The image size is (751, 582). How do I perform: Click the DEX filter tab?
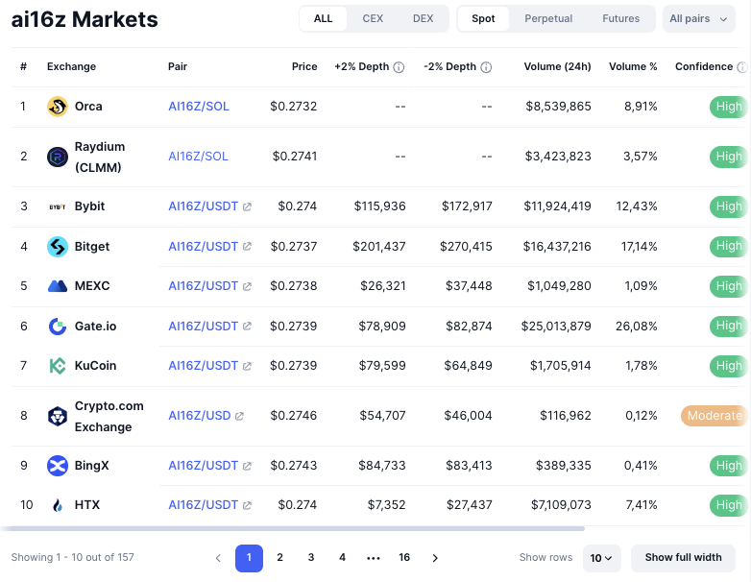(x=423, y=19)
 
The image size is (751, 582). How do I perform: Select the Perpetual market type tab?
(x=548, y=19)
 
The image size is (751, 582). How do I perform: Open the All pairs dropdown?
(x=698, y=19)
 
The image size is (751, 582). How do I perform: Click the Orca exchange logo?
(x=58, y=107)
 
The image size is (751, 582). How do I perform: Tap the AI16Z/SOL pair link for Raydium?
(x=198, y=156)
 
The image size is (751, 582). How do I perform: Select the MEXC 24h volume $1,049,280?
(x=558, y=286)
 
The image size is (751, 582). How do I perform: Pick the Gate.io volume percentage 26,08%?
(x=637, y=327)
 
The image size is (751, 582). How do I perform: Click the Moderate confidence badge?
(x=714, y=416)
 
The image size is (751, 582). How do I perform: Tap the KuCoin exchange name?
(x=95, y=366)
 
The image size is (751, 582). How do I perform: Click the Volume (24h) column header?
(x=557, y=67)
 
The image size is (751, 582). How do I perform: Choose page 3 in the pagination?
(x=311, y=558)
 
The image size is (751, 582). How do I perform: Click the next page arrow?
(x=435, y=558)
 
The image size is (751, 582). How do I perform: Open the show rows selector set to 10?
(x=603, y=558)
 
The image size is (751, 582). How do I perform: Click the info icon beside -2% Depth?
(x=486, y=67)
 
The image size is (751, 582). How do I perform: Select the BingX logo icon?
(x=58, y=466)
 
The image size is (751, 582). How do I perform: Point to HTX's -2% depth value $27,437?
(x=468, y=505)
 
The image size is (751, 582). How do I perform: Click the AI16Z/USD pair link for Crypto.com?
(x=200, y=416)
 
